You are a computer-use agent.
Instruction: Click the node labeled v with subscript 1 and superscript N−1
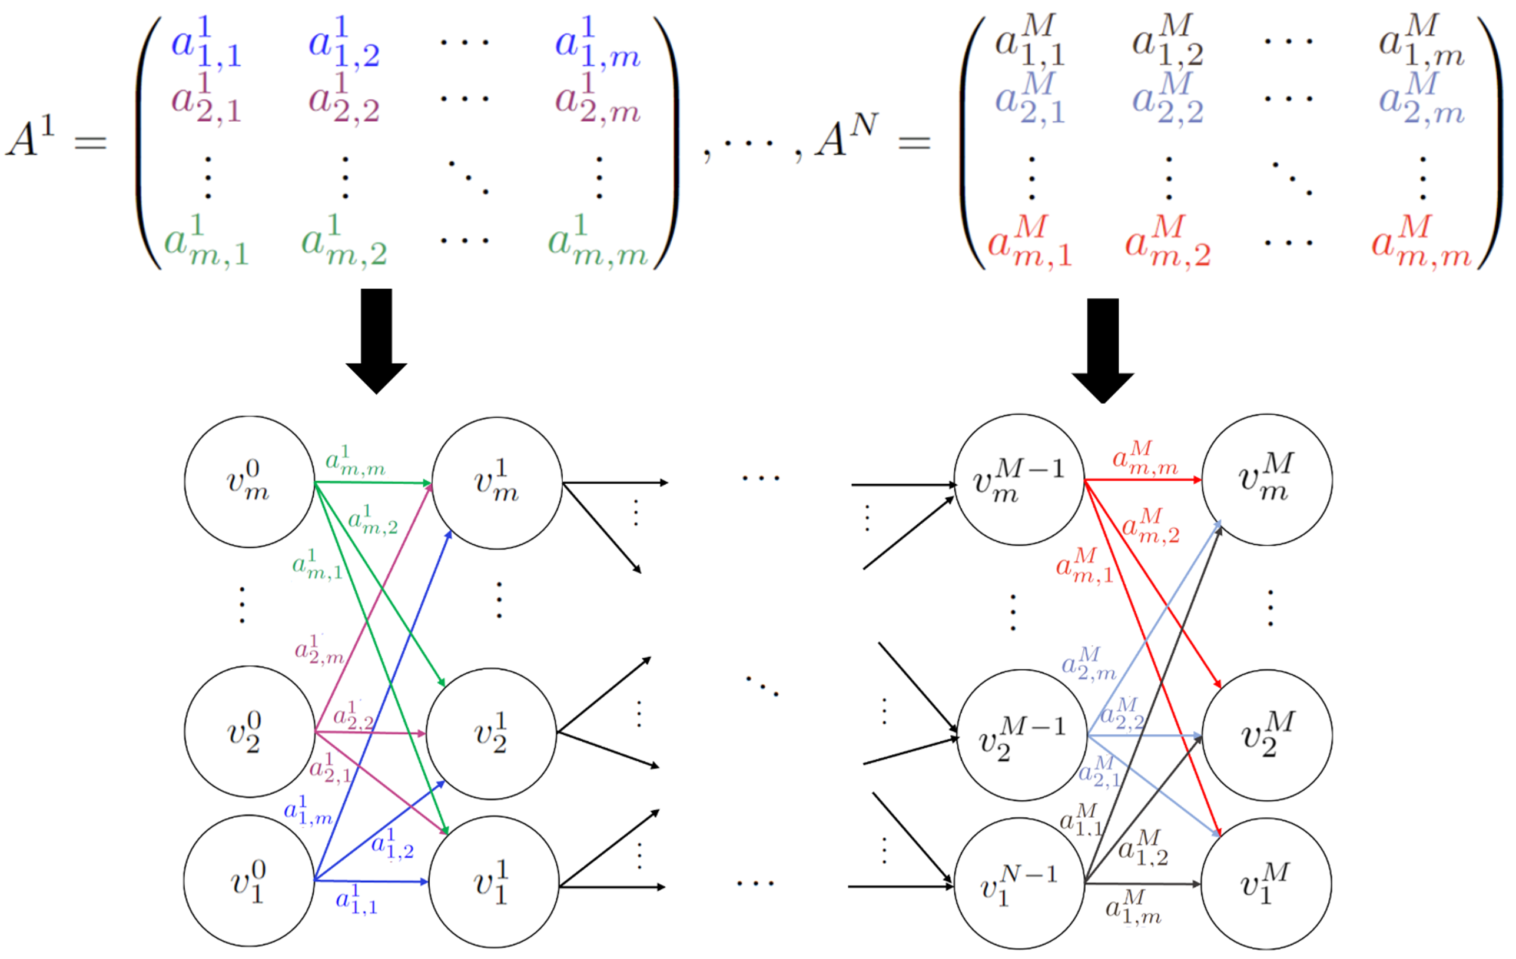point(1019,883)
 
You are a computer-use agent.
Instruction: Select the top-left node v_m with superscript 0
point(249,481)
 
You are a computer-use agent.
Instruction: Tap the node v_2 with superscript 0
point(249,731)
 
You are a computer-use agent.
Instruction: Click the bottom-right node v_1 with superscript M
point(1266,883)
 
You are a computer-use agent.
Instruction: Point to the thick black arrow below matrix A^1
point(376,340)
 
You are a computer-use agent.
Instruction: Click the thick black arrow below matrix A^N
point(1102,349)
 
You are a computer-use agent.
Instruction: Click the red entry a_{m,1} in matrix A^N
point(1030,243)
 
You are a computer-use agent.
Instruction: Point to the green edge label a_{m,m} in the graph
point(354,461)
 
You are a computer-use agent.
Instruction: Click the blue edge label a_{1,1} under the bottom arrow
point(356,900)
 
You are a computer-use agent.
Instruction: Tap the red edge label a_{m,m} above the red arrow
point(1144,458)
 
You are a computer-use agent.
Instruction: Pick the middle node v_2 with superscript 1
point(491,734)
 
